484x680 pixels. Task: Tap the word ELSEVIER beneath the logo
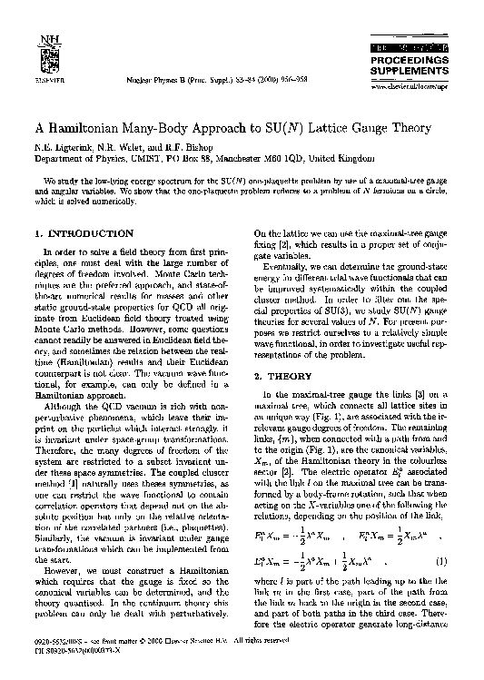[37, 68]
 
